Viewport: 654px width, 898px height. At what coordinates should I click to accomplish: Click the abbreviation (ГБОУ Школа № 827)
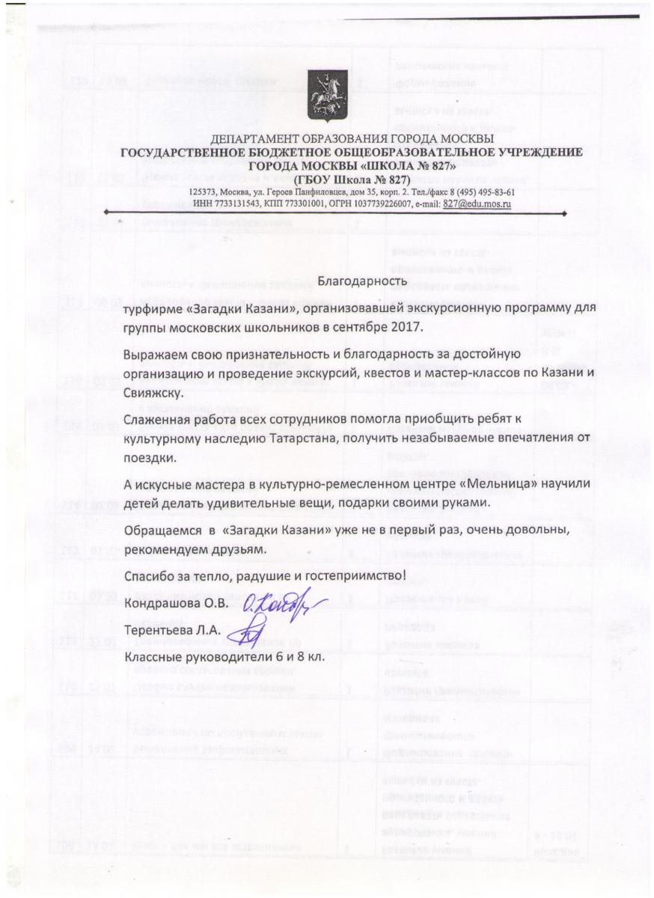pyautogui.click(x=351, y=180)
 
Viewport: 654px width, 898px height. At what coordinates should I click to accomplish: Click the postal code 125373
pyautogui.click(x=205, y=192)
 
